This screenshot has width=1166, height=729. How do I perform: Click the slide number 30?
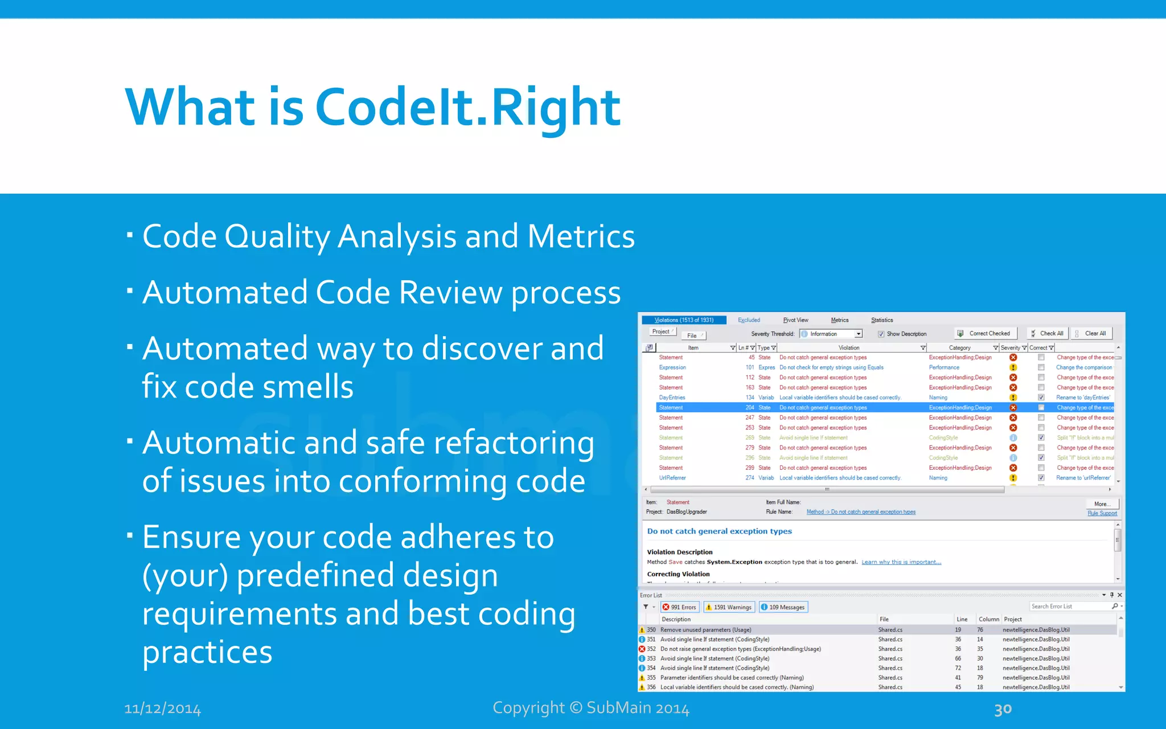pyautogui.click(x=1003, y=709)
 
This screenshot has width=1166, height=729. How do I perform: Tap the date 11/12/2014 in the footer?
pyautogui.click(x=162, y=708)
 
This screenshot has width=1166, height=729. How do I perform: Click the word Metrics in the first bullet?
pyautogui.click(x=581, y=236)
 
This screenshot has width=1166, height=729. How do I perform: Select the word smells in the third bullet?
pyautogui.click(x=308, y=387)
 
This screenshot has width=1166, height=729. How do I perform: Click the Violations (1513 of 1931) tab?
pyautogui.click(x=684, y=320)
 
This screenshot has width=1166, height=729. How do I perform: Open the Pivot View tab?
pyautogui.click(x=795, y=320)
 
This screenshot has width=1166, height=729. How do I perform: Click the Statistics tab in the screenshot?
pyautogui.click(x=882, y=320)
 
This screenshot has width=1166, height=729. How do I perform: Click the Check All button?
pyautogui.click(x=1048, y=334)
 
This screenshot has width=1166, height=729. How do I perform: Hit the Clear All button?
pyautogui.click(x=1091, y=334)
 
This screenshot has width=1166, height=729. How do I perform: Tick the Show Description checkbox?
pyautogui.click(x=881, y=334)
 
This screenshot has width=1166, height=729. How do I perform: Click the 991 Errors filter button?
pyautogui.click(x=679, y=607)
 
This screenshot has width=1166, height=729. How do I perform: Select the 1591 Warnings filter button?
pyautogui.click(x=729, y=607)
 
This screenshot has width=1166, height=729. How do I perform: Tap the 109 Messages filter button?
pyautogui.click(x=783, y=607)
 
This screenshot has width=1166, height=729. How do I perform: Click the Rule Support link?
pyautogui.click(x=1102, y=513)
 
